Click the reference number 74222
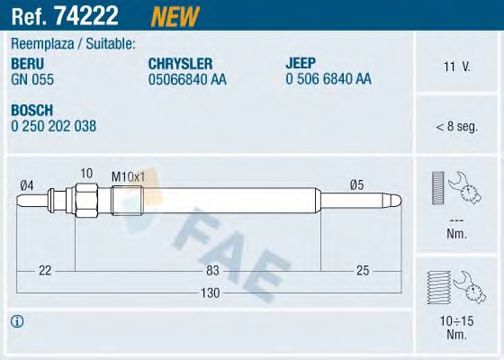coord(86,15)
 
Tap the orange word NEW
coord(175,16)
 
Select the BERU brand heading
coord(27,64)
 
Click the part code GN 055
coord(32,79)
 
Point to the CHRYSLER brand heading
coord(180,64)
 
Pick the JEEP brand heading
coord(300,63)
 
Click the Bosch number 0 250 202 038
coord(54,126)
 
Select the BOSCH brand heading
coord(32,110)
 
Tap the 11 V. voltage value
coord(456,67)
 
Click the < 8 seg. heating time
coord(457,127)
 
